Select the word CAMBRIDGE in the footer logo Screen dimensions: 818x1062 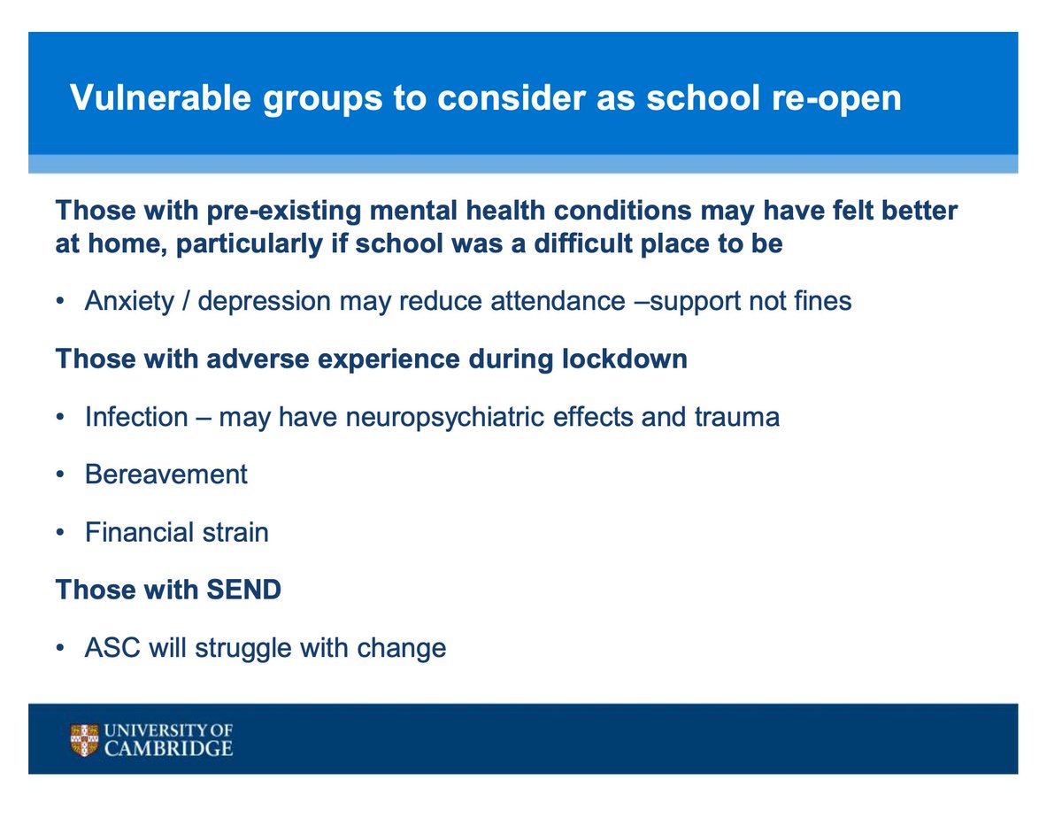[167, 749]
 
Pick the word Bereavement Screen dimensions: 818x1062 [166, 475]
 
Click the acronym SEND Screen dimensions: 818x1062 [243, 590]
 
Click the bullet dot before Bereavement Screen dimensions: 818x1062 [60, 475]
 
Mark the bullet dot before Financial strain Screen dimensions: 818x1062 [60, 533]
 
